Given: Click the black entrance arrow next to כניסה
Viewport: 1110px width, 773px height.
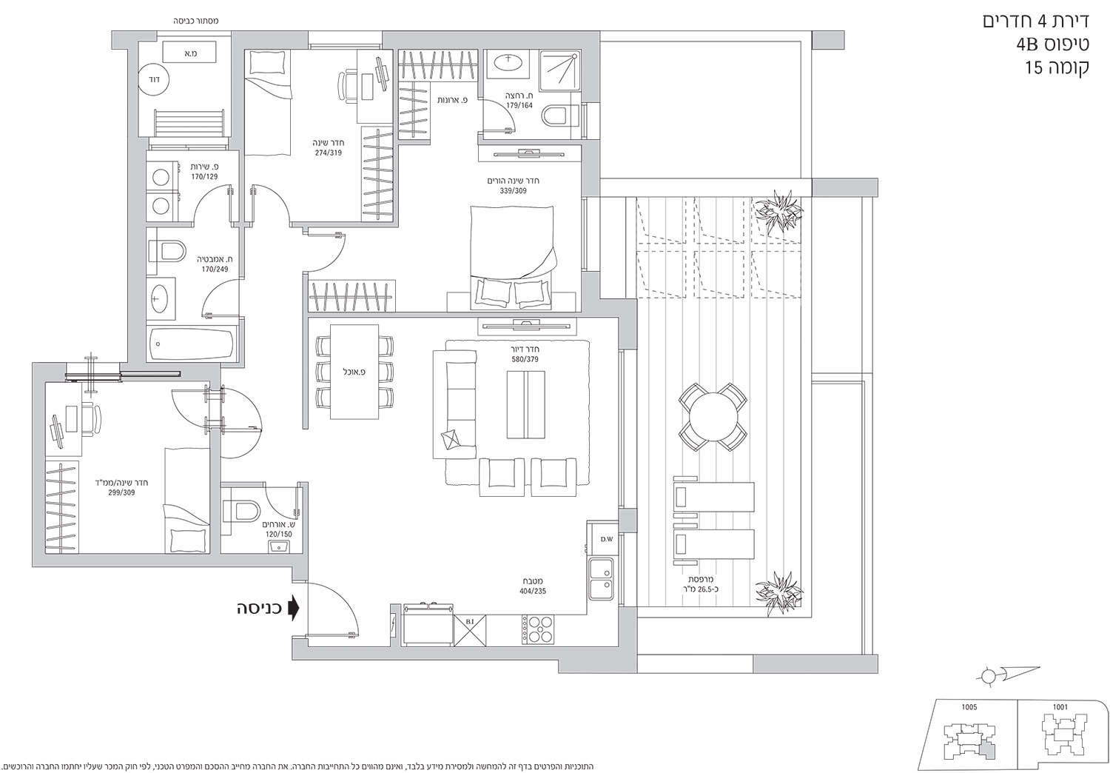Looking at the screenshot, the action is pyautogui.click(x=295, y=608).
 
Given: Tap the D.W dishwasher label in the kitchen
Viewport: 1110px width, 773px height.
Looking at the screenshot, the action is pyautogui.click(x=607, y=540).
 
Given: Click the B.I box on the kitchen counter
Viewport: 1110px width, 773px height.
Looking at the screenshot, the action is pyautogui.click(x=470, y=629).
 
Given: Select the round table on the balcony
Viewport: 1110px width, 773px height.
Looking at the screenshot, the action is pyautogui.click(x=713, y=417).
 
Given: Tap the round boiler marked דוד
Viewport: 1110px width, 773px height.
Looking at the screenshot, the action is pyautogui.click(x=155, y=79).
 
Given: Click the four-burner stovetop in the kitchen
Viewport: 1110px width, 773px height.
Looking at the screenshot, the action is pyautogui.click(x=538, y=629).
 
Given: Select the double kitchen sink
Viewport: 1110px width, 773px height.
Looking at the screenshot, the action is pyautogui.click(x=602, y=579).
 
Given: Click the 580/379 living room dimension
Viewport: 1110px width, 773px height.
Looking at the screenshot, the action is pyautogui.click(x=525, y=360).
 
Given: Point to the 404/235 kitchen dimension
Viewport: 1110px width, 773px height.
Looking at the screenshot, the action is pyautogui.click(x=533, y=591).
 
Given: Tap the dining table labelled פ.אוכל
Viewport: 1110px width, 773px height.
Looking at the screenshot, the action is pyautogui.click(x=354, y=372).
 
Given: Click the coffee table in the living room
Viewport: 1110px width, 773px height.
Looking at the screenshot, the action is pyautogui.click(x=525, y=404).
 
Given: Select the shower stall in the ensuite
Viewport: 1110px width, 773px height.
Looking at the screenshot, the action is pyautogui.click(x=559, y=70).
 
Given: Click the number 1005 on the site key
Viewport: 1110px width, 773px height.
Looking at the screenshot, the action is pyautogui.click(x=969, y=707).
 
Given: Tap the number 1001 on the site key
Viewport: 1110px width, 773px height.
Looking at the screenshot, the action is pyautogui.click(x=1060, y=707).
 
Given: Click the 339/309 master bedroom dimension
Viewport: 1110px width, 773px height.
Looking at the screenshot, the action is pyautogui.click(x=513, y=191).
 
